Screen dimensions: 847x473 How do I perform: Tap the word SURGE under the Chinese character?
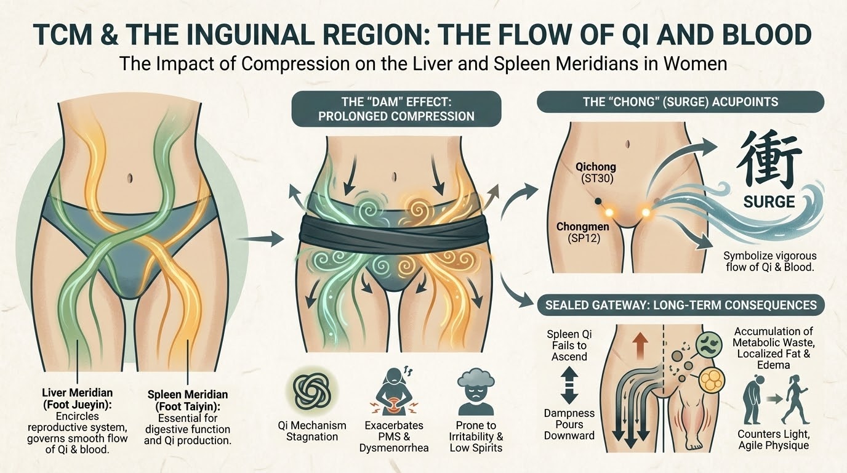coord(769,201)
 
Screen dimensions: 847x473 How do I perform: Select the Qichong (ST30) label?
coord(596,172)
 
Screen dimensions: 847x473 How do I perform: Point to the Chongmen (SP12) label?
coord(583,232)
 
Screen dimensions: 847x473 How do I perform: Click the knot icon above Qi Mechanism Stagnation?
coord(312,391)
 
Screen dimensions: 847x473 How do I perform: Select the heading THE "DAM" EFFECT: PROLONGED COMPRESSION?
coord(396,108)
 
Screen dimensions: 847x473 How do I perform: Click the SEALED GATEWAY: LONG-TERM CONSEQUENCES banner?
coord(681,305)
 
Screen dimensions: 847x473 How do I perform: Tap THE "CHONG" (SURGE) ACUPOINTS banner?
coord(681,102)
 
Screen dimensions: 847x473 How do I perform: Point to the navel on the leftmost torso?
coord(130,178)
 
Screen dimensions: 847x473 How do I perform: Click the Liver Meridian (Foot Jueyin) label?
coord(77,398)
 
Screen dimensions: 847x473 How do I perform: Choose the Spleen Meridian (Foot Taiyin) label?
coord(188,400)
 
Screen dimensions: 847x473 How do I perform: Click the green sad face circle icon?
coord(709,345)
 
